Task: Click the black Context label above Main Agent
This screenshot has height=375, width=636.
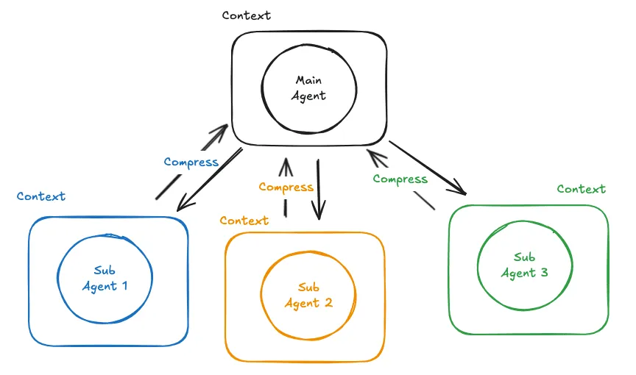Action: (246, 15)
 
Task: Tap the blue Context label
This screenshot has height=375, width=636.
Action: (41, 196)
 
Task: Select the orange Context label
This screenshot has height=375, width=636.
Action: (244, 221)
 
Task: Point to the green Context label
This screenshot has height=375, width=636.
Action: (582, 189)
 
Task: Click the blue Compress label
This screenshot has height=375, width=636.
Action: (191, 162)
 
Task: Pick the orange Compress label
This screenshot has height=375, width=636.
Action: (286, 187)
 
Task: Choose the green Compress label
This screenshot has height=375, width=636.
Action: (400, 179)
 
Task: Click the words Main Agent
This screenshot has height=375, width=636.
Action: (308, 88)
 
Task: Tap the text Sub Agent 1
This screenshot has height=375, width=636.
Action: (105, 278)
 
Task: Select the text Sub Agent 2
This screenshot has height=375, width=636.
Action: (308, 296)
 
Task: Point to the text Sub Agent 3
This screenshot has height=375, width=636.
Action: (524, 265)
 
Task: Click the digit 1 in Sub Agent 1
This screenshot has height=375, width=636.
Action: (125, 285)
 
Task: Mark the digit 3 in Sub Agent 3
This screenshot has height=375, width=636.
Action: (544, 272)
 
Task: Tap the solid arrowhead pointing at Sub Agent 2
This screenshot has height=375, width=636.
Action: (319, 212)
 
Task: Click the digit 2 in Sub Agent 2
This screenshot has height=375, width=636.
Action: (328, 302)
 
